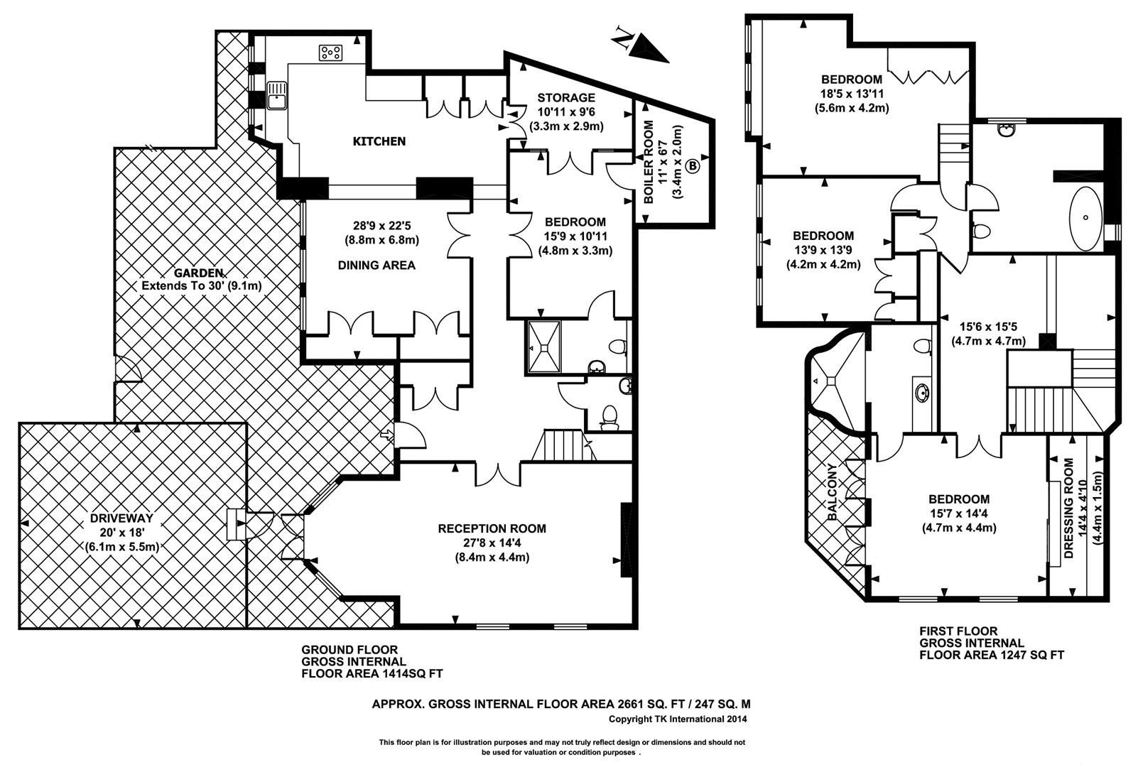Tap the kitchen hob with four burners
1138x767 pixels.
click(x=331, y=53)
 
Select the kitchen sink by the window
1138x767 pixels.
click(x=277, y=95)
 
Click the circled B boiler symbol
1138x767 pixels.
click(x=693, y=165)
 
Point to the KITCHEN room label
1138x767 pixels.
click(x=379, y=141)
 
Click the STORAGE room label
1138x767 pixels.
click(x=566, y=97)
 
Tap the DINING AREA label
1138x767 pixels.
click(x=376, y=265)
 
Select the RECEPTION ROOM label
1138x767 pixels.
click(x=492, y=529)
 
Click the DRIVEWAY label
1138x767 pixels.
click(x=121, y=518)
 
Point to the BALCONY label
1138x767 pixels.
click(x=832, y=492)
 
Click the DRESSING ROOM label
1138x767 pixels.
click(x=1069, y=508)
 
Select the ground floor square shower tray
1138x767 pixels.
click(x=544, y=347)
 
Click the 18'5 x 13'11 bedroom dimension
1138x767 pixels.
click(x=852, y=94)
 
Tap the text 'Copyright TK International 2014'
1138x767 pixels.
click(x=678, y=719)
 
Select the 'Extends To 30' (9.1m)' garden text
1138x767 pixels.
click(x=202, y=286)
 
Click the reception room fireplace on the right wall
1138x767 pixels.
click(x=627, y=540)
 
